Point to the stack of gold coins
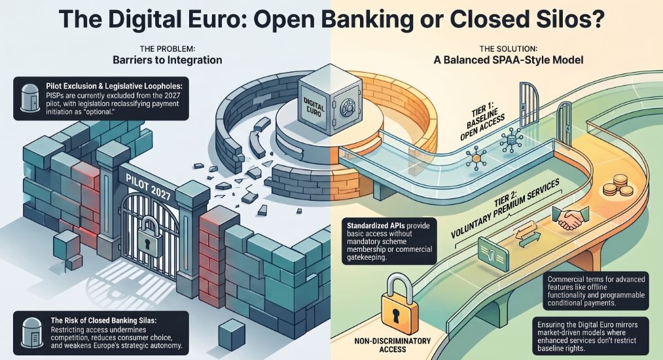617,186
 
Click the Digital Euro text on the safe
314,108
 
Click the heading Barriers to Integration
167,60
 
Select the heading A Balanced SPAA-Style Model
509,60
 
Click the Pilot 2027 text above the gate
148,187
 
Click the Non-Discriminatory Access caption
393,345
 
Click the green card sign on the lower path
493,254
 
